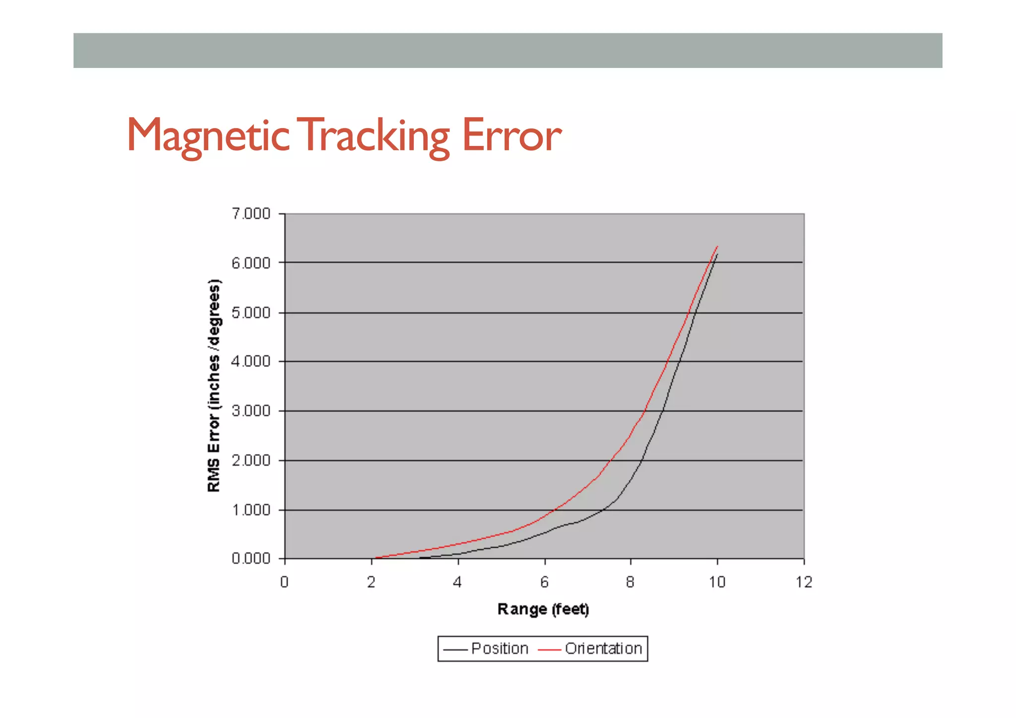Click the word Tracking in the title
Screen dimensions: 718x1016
pos(376,135)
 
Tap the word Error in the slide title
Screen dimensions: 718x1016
pos(511,135)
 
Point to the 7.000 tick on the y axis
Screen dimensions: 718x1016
pos(251,214)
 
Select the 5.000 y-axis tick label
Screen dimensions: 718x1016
pos(251,313)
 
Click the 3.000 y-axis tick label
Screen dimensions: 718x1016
pos(251,411)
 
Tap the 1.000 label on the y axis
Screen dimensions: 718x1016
pos(251,510)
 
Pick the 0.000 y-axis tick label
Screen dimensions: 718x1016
pos(251,559)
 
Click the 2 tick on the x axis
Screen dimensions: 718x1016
pos(371,582)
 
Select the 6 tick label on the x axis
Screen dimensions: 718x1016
pos(544,582)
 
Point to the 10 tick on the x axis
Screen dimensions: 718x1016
pos(717,582)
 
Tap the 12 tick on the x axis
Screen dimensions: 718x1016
pos(804,582)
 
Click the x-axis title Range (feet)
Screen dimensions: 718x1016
pos(543,609)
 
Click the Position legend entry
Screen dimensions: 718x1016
pos(499,649)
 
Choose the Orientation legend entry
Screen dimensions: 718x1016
pos(603,649)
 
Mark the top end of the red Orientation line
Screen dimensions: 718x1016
pos(717,246)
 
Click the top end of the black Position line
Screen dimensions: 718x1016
pos(717,254)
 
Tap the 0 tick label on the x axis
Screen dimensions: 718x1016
pos(284,582)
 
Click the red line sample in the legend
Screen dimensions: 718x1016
pos(550,649)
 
